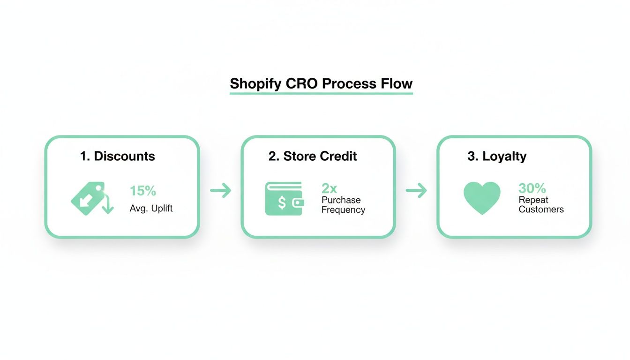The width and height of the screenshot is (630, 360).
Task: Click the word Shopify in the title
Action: (256, 84)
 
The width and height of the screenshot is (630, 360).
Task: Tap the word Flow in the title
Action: (397, 84)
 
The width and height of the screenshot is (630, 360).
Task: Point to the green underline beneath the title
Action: (321, 94)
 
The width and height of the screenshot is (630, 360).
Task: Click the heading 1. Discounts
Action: (117, 156)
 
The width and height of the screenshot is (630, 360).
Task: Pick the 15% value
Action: (143, 191)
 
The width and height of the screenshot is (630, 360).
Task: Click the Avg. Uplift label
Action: (151, 208)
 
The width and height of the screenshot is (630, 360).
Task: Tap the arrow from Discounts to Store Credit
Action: (220, 190)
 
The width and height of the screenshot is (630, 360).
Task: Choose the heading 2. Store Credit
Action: (313, 156)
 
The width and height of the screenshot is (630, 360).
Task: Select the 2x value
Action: (329, 188)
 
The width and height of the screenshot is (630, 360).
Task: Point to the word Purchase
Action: (341, 200)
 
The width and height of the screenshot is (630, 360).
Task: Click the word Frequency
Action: (343, 210)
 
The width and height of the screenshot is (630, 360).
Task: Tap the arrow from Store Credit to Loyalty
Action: (416, 190)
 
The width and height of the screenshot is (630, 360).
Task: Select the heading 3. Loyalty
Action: (497, 156)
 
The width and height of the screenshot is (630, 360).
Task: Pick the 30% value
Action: (532, 188)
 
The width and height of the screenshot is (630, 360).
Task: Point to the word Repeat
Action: (533, 200)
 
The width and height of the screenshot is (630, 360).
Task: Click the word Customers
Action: (541, 209)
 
